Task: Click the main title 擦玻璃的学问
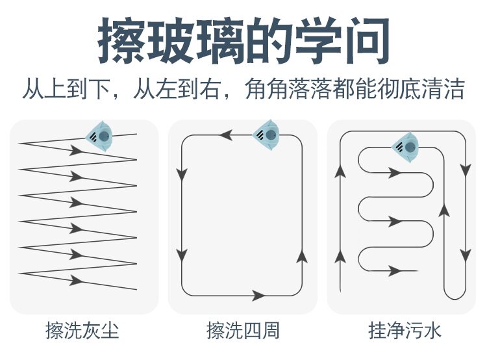[x=243, y=41]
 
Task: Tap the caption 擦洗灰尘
[x=82, y=330]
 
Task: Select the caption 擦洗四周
[x=243, y=330]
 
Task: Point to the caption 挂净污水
[x=405, y=330]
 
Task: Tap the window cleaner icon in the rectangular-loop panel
[x=266, y=135]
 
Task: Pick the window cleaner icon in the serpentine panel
[x=406, y=148]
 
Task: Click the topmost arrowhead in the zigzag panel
[x=76, y=151]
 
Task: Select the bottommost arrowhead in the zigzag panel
[x=76, y=280]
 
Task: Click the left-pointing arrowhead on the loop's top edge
[x=226, y=135]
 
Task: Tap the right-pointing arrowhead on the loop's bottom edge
[x=258, y=296]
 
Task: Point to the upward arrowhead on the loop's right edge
[x=302, y=257]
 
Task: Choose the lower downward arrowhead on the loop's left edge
[x=182, y=255]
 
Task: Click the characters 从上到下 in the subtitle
[x=67, y=89]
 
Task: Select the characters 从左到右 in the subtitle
[x=177, y=89]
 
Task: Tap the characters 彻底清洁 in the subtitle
[x=421, y=89]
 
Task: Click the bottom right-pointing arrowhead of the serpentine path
[x=395, y=271]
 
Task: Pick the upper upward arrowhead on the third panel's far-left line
[x=340, y=172]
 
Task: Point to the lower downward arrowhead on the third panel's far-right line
[x=466, y=255]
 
